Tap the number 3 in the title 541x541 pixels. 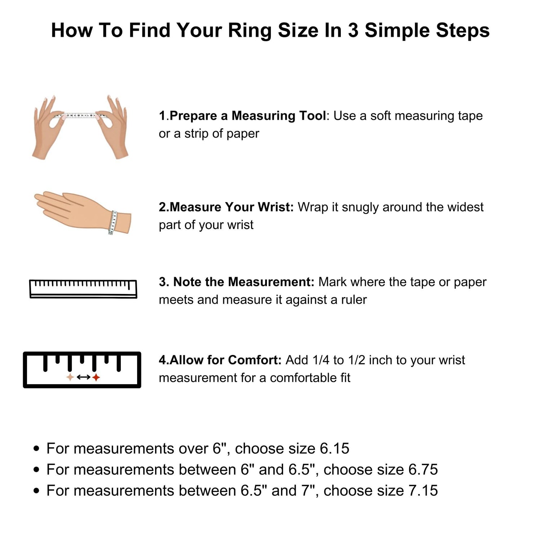[353, 30]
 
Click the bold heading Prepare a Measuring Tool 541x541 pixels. [248, 116]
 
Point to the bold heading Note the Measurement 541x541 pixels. [244, 282]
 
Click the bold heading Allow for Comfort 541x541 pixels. [225, 360]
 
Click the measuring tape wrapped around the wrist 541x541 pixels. [114, 223]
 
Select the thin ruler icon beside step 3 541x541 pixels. [83, 289]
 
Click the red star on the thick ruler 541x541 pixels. [96, 377]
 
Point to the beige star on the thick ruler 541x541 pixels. [70, 377]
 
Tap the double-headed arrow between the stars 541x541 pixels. [83, 377]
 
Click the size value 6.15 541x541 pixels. [334, 448]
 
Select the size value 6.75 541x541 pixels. [423, 469]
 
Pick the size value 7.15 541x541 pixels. [423, 491]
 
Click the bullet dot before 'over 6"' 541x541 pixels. [36, 449]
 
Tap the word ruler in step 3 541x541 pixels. [354, 300]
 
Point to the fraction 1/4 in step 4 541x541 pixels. [321, 360]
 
